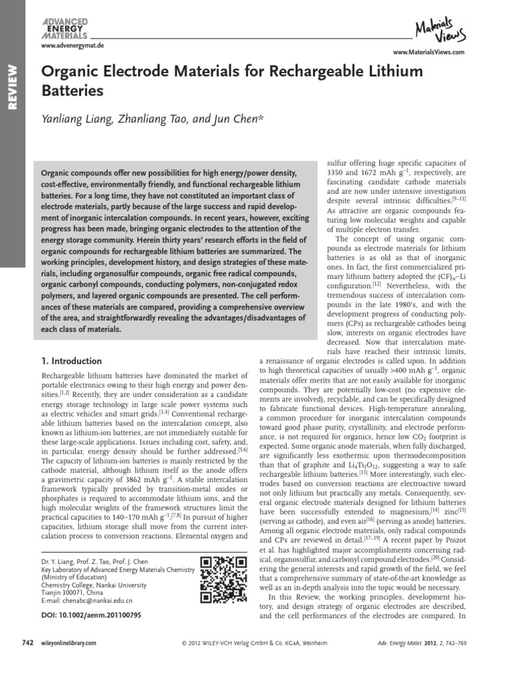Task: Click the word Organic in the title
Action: click(x=70, y=72)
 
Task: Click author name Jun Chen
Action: click(x=242, y=118)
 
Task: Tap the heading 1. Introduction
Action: click(x=71, y=361)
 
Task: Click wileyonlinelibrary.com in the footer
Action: click(x=69, y=643)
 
